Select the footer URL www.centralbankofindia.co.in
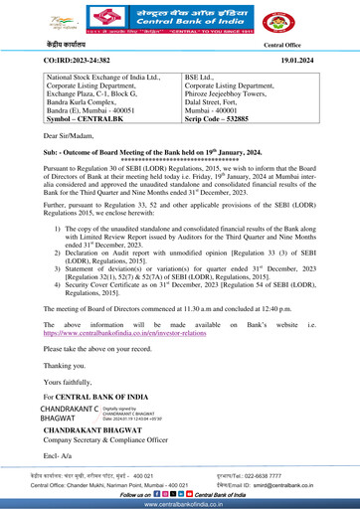tap(179, 504)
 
